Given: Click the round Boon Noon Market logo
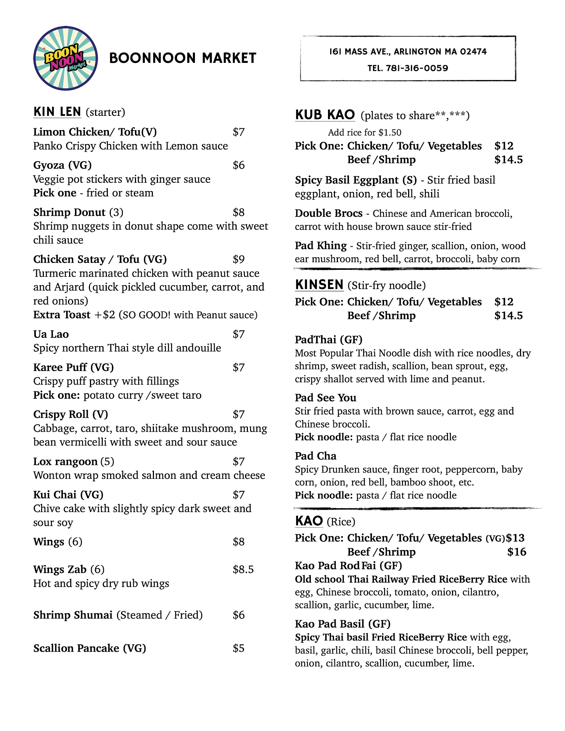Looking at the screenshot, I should point(65,58).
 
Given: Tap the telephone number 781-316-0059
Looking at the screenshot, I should point(417,68).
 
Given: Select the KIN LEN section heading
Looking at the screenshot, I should point(57,112).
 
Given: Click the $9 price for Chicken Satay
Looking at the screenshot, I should point(238,260).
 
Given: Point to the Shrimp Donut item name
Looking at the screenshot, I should point(69,212).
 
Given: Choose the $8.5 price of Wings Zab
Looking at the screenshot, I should point(243,569).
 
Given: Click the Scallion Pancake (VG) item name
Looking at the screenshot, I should point(90,648).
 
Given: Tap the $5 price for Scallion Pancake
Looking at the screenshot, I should point(238,648).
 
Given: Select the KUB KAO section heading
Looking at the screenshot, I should point(325,115).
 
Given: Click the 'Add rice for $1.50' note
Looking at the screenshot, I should point(364,133).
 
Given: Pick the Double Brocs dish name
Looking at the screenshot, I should point(328,213).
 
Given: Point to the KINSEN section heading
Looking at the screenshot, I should point(319,285).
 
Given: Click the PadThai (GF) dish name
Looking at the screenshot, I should point(328,340).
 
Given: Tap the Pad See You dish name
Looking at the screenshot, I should point(325,398).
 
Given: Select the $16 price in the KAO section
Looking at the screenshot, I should point(516,552).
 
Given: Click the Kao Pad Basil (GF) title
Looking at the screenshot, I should point(342,624).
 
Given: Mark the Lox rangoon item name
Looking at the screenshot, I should point(65,462).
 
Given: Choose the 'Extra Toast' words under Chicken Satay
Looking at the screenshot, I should point(61,315).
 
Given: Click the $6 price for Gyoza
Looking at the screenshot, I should point(238,165).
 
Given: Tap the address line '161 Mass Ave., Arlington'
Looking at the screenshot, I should point(408,52).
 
